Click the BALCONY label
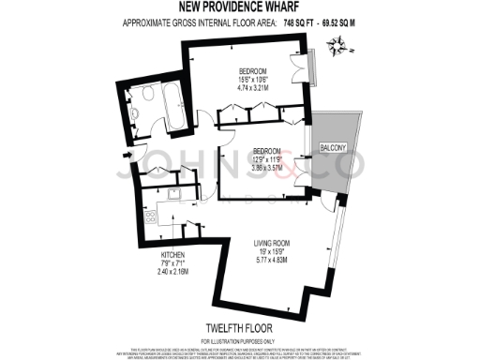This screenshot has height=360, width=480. tap(332, 147)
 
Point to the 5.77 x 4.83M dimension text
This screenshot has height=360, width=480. tap(278, 260)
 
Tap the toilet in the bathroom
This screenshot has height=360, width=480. tap(137, 117)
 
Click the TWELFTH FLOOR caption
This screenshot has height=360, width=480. tap(239, 327)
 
